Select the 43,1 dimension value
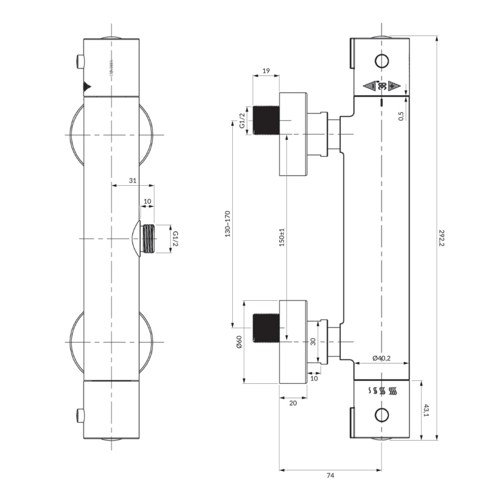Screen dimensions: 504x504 point(427,411)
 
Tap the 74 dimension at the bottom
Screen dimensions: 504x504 point(330,476)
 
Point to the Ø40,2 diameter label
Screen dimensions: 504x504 point(381,358)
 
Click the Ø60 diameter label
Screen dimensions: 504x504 point(239,342)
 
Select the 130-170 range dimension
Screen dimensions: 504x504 point(228,224)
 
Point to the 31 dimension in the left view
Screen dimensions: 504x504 point(132,181)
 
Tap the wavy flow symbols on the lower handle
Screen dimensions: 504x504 point(381,391)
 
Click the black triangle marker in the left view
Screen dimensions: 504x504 point(87,87)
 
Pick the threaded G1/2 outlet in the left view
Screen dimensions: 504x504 point(149,239)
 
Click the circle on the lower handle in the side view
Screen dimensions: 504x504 point(381,415)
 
